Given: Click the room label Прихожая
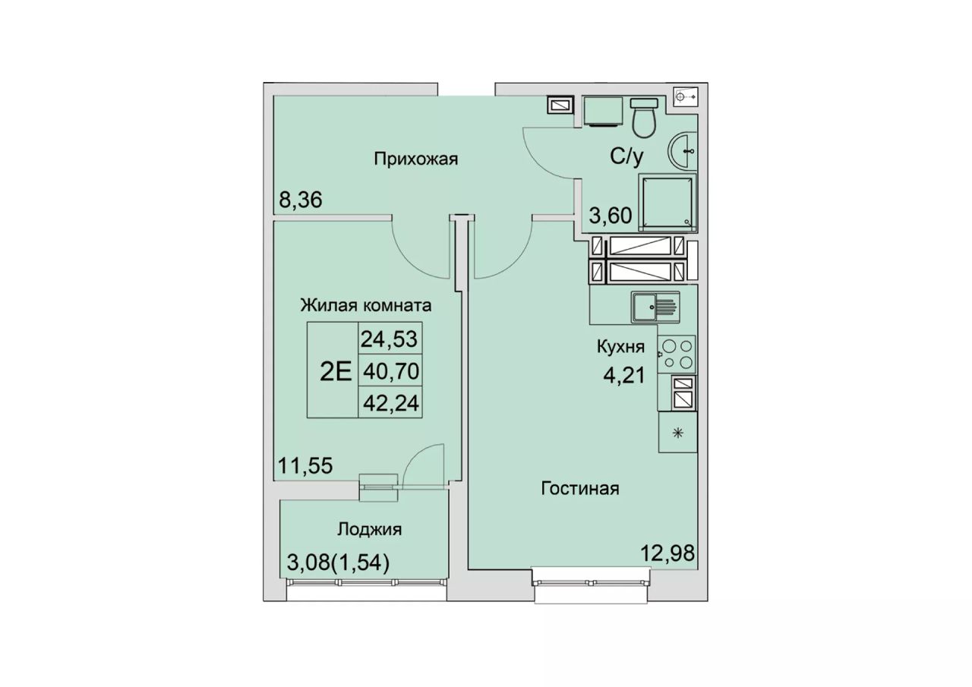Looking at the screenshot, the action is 415,159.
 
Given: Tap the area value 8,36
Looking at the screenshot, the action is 300,200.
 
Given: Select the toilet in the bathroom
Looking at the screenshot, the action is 643,118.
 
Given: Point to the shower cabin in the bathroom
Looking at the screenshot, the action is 667,203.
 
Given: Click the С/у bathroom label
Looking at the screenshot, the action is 627,156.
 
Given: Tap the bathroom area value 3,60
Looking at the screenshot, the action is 610,215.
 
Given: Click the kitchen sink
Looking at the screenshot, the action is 655,307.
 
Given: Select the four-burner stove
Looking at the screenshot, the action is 677,354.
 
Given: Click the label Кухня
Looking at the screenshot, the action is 621,347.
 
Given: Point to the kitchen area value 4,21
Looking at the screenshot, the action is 624,375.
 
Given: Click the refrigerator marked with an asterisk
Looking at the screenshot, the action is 678,433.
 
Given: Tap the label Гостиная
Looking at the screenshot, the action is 580,489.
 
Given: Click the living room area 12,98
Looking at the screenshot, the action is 667,553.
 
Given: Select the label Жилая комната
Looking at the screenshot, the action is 366,306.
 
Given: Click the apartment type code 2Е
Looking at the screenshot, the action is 336,372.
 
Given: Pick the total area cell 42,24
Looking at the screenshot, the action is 391,403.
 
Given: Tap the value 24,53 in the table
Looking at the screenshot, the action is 390,339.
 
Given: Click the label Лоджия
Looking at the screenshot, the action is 370,530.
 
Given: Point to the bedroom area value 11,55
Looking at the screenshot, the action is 305,466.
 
